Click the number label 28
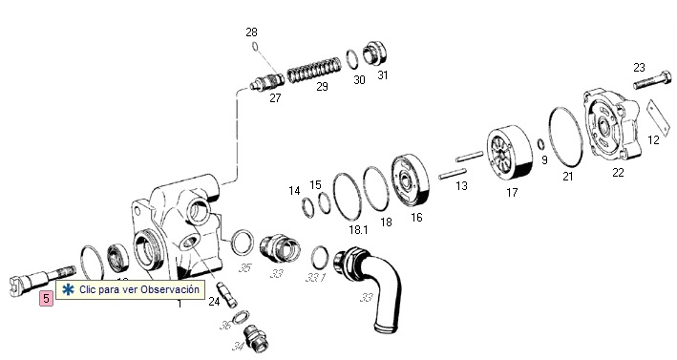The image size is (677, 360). pyautogui.click(x=251, y=32)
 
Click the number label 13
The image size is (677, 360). pyautogui.click(x=461, y=185)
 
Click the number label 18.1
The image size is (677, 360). pyautogui.click(x=358, y=229)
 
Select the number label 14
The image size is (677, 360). pyautogui.click(x=294, y=190)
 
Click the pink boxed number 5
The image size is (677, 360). pyautogui.click(x=45, y=297)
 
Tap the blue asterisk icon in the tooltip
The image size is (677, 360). pyautogui.click(x=68, y=289)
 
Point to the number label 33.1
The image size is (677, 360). pyautogui.click(x=316, y=278)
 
